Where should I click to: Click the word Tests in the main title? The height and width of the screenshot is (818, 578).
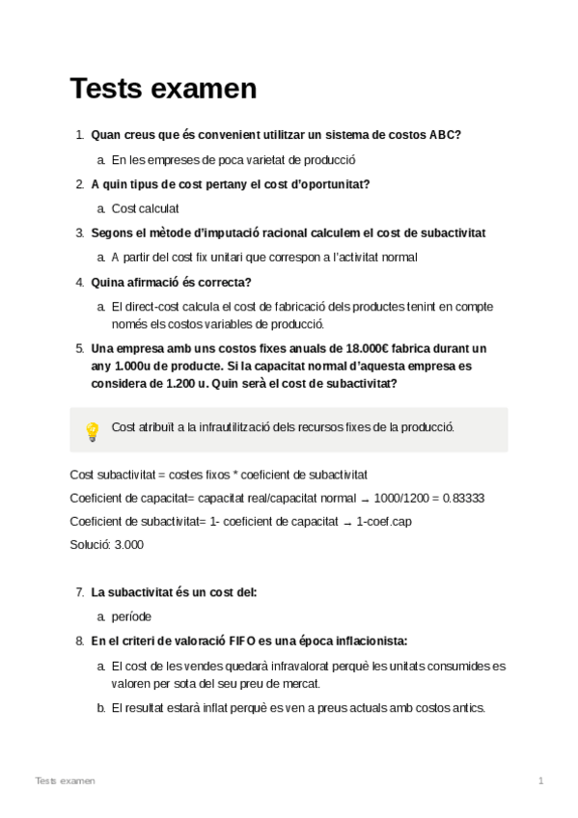click(x=106, y=89)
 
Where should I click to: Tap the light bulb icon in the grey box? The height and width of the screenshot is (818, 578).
click(x=93, y=430)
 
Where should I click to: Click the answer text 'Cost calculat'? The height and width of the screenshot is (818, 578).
click(x=146, y=208)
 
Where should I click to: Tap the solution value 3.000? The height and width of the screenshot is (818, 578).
click(x=128, y=544)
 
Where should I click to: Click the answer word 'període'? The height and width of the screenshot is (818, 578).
click(x=132, y=615)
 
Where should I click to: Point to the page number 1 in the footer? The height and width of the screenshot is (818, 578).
click(x=541, y=779)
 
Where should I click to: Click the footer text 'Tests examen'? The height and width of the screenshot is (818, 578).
click(x=65, y=779)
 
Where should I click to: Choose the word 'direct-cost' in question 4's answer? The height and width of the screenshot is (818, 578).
click(x=155, y=307)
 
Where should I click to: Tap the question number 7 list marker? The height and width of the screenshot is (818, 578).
click(x=78, y=591)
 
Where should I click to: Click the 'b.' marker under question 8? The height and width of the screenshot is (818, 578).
click(x=101, y=707)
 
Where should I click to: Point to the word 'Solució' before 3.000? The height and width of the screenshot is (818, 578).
click(x=90, y=544)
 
